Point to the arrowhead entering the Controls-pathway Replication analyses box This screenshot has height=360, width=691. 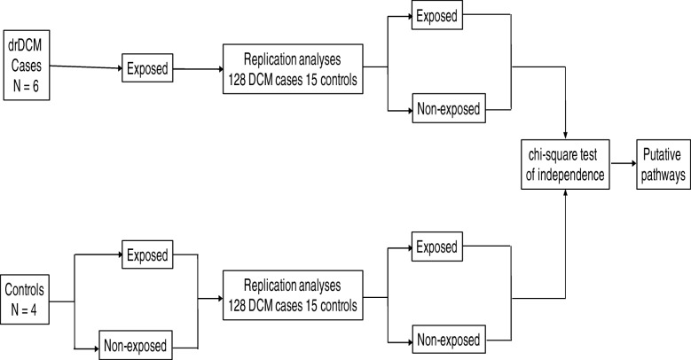coord(218,299)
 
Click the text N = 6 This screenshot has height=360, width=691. coord(27,69)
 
